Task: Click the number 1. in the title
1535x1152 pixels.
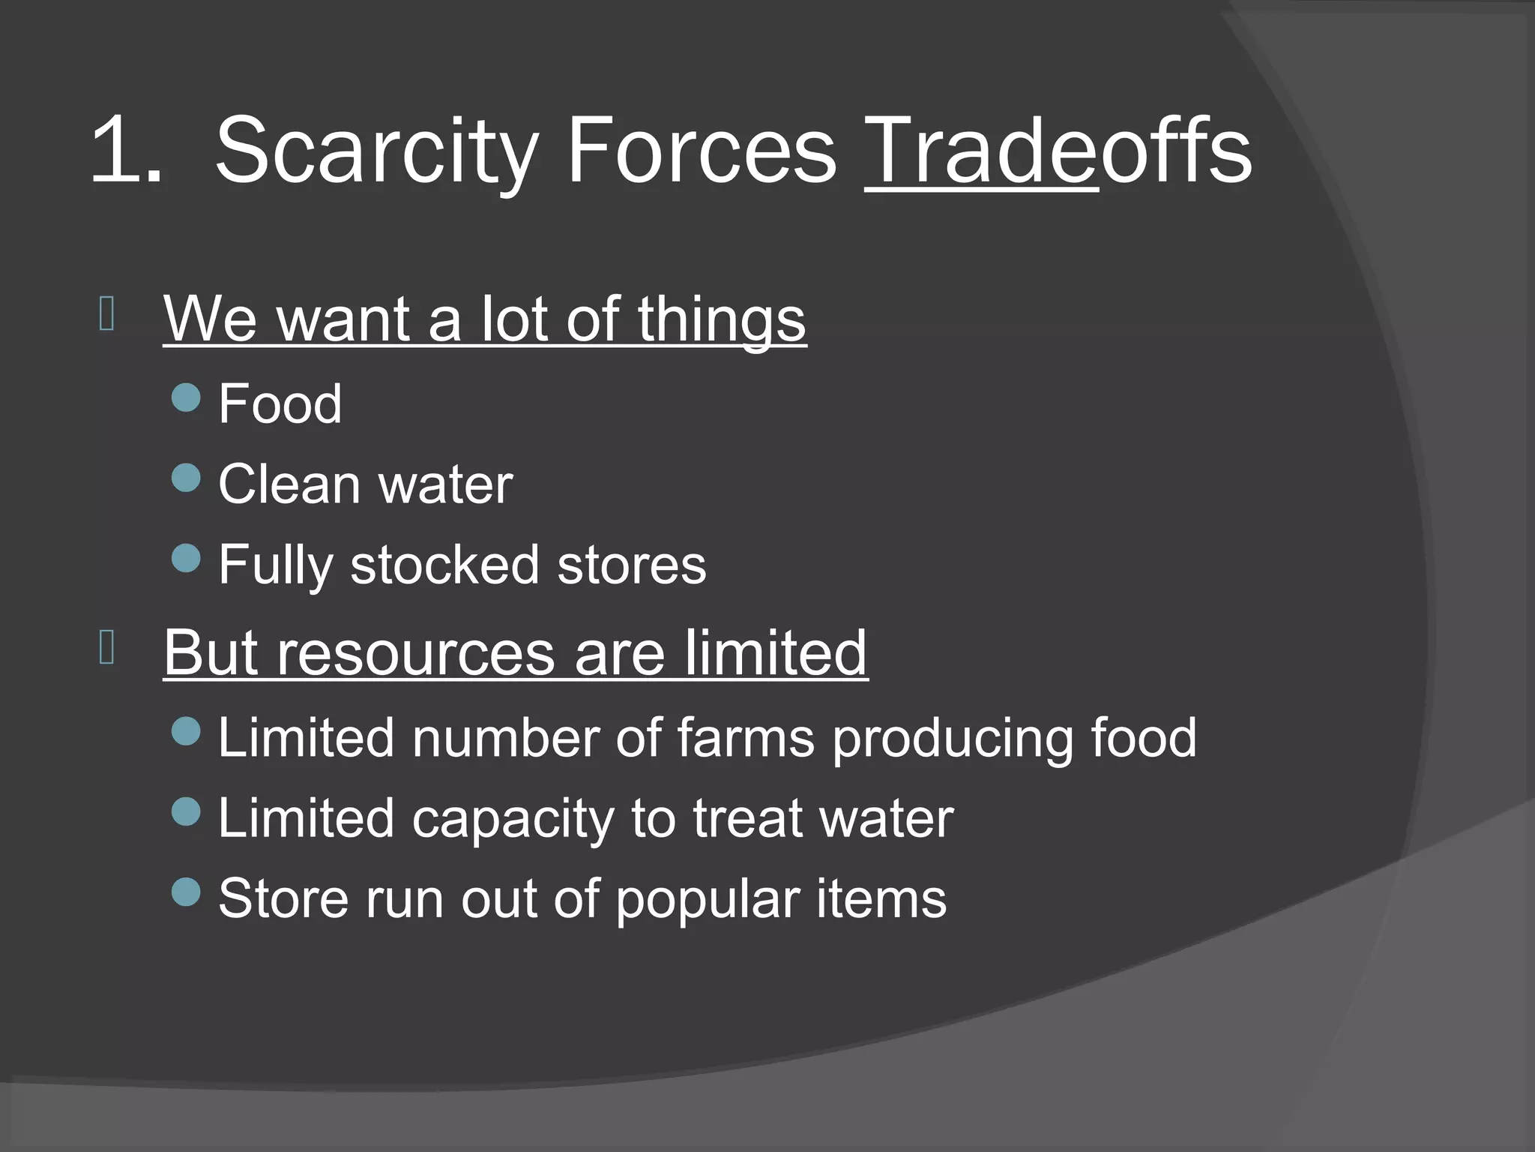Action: coord(126,150)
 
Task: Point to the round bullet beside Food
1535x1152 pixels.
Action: coord(186,398)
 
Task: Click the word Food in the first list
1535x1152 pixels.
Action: coord(280,404)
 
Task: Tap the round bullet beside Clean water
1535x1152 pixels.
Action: coord(186,478)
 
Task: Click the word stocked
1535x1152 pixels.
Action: coord(444,565)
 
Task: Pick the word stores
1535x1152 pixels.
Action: coord(631,565)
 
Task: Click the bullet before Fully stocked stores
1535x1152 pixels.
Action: coord(186,558)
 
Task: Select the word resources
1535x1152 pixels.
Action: coord(416,653)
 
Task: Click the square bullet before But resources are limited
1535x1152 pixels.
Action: coord(106,648)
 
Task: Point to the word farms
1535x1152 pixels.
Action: coord(745,738)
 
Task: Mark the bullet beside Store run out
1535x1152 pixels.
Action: coord(186,892)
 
